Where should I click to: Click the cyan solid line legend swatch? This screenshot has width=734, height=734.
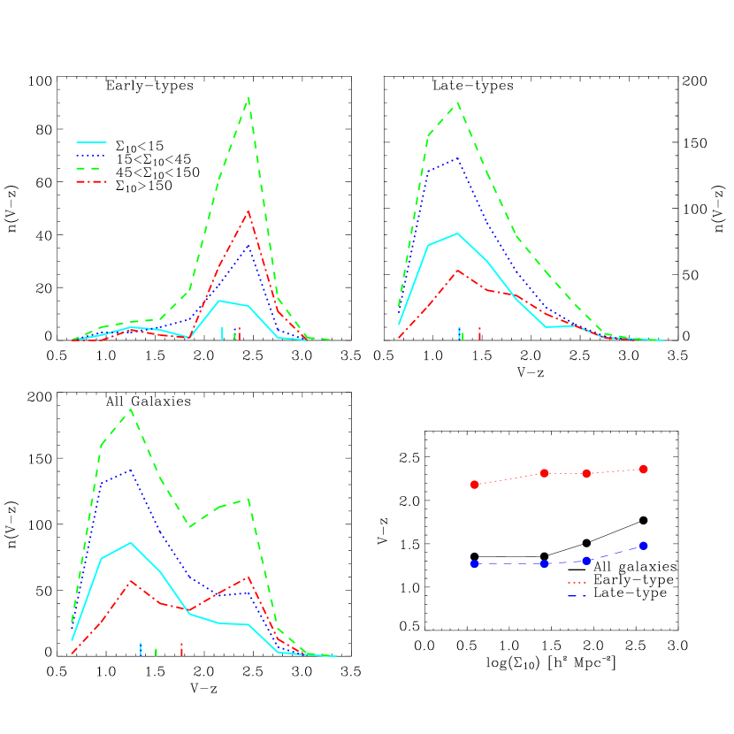(91, 141)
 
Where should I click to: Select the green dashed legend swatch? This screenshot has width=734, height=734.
(91, 168)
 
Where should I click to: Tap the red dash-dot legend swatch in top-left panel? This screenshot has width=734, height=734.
(91, 181)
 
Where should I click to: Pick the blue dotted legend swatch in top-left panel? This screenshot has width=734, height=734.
(91, 155)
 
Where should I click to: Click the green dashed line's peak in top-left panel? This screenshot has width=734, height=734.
(248, 97)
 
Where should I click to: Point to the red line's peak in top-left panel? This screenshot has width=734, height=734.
(248, 211)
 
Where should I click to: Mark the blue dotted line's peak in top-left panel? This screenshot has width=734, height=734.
(248, 245)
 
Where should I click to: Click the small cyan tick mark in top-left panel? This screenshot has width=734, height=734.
(221, 333)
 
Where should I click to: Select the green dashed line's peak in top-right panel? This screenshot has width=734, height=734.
(457, 103)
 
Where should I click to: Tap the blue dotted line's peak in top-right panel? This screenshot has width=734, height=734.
(458, 159)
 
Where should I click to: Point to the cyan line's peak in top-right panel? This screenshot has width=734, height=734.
(457, 233)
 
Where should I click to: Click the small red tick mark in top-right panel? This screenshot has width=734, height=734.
(479, 333)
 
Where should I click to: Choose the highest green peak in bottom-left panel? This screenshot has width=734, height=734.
(131, 409)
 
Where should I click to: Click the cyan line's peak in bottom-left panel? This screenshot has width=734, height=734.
(131, 542)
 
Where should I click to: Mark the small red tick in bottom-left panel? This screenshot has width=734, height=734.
(181, 650)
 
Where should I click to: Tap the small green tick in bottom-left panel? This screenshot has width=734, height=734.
(157, 652)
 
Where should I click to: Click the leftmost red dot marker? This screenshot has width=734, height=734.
(475, 485)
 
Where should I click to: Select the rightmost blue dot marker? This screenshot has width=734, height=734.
(644, 546)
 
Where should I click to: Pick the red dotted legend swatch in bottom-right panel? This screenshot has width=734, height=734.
(577, 583)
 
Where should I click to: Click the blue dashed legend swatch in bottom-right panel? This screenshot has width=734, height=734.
(577, 597)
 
